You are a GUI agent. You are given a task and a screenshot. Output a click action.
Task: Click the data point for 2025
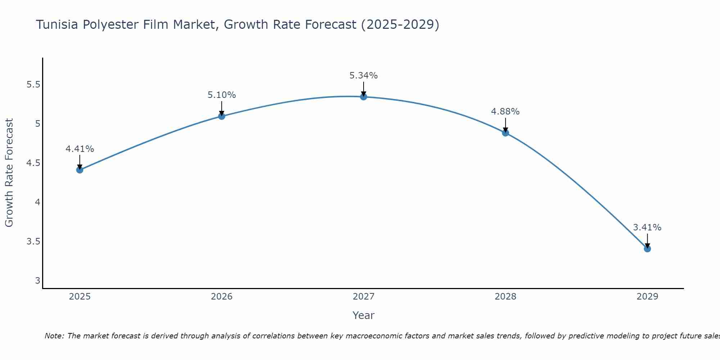coord(80,170)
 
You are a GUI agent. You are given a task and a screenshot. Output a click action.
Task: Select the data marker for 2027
coord(364,97)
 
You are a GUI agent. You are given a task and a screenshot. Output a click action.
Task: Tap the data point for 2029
coord(647,249)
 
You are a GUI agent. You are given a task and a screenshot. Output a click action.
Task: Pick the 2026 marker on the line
coord(222,116)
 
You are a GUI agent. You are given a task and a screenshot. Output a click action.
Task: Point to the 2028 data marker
coord(505,133)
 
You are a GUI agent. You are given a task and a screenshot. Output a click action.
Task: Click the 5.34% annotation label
coord(364,76)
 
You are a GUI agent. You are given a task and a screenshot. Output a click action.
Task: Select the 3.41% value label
coord(647,228)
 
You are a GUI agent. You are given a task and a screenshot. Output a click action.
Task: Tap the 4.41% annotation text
coord(80,149)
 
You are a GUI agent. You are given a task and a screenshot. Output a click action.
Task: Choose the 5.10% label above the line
coord(222,95)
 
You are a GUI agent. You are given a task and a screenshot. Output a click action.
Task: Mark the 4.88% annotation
coord(505,112)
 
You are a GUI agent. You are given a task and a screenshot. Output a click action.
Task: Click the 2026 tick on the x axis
coord(222,297)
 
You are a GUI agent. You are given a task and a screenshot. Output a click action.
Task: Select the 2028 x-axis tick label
coord(505,297)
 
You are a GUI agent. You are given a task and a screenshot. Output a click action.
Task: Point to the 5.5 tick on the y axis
coord(33,85)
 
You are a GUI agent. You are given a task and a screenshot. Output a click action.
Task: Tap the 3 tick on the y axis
coord(37,280)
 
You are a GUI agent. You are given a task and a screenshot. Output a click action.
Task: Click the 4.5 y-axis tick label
coord(33,163)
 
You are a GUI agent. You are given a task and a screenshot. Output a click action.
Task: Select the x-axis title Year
coord(364,315)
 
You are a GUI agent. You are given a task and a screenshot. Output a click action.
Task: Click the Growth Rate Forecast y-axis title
coord(9,173)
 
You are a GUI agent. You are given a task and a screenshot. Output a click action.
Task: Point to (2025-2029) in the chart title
coord(400,25)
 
